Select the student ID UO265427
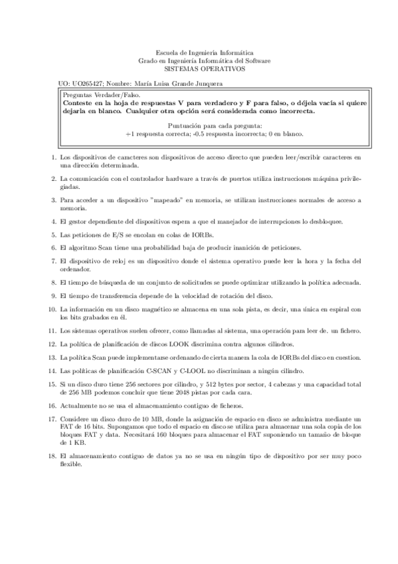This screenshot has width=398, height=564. pyautogui.click(x=88, y=83)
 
